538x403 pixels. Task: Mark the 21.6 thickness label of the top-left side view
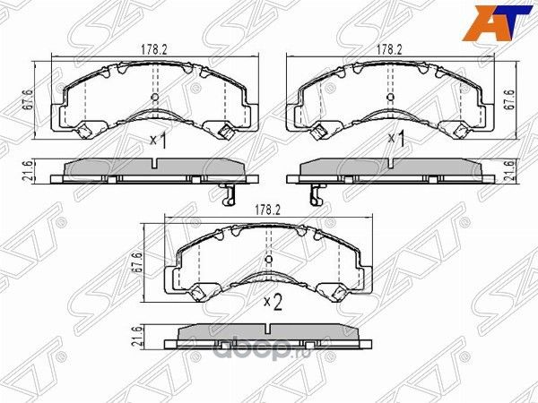tap(29, 171)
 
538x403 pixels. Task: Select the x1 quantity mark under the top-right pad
tap(394, 141)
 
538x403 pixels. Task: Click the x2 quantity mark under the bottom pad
tap(273, 303)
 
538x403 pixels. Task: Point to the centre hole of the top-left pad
tap(155, 97)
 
